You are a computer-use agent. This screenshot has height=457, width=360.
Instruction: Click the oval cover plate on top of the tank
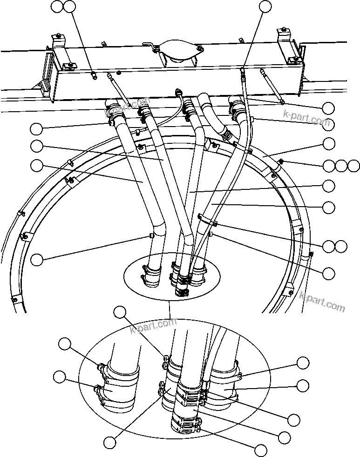[x=177, y=53]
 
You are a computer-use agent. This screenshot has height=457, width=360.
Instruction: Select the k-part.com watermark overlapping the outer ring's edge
[x=322, y=302]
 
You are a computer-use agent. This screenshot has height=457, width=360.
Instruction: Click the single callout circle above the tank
[x=265, y=6]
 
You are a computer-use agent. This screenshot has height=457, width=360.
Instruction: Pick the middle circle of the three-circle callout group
[x=341, y=166]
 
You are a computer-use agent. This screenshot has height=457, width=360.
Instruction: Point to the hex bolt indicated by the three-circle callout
[x=281, y=162]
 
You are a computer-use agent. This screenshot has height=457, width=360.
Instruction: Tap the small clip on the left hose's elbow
[x=151, y=235]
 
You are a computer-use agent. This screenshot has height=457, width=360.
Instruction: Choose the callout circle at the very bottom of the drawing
[x=260, y=450]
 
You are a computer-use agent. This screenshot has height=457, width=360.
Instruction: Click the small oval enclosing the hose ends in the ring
[x=170, y=278]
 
